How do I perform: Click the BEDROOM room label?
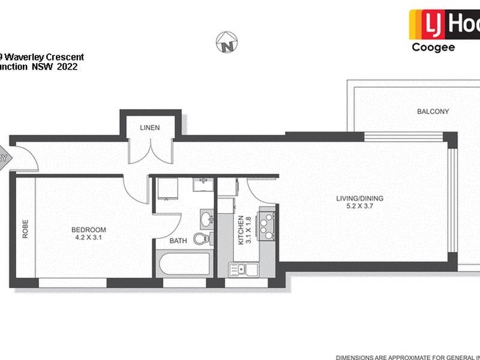(x=88, y=230)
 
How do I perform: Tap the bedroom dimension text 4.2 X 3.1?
(x=88, y=238)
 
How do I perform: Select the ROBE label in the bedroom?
(x=25, y=231)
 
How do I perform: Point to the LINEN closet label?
(x=149, y=127)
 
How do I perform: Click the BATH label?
(x=178, y=241)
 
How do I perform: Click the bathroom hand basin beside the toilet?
(x=205, y=218)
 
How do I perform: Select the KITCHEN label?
(x=241, y=230)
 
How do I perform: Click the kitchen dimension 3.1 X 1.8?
(x=248, y=230)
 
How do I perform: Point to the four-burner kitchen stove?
(x=265, y=224)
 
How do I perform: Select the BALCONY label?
(x=433, y=112)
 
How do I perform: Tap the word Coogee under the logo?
(x=433, y=48)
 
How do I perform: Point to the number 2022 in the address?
(x=67, y=67)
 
